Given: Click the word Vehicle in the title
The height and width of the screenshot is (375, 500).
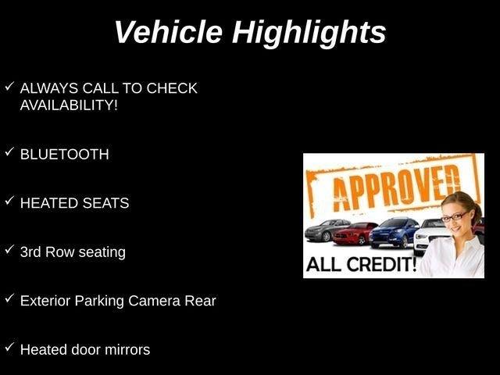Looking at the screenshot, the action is [x=169, y=32].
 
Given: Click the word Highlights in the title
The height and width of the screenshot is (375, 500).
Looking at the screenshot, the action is [x=309, y=34].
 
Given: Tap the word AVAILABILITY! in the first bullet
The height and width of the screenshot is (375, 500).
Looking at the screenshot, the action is [x=69, y=105].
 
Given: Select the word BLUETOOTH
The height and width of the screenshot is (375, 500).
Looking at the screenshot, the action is [x=64, y=155].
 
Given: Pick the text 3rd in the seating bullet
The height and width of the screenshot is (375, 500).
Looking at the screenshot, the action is [x=30, y=252].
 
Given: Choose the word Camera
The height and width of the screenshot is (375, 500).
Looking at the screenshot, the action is [x=155, y=301].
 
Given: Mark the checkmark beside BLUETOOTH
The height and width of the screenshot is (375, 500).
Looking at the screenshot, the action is [x=9, y=152].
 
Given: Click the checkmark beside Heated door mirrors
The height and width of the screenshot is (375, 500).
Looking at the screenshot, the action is [x=9, y=347].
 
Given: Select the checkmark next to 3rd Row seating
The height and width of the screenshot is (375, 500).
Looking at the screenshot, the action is [x=9, y=250].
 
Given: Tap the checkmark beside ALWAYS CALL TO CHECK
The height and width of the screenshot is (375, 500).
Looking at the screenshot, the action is [x=9, y=86].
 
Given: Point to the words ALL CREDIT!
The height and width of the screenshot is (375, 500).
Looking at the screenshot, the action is [x=361, y=264].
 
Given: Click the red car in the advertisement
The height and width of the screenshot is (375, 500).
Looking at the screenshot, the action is [x=354, y=234].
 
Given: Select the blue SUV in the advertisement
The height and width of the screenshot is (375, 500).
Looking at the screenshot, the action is [x=394, y=233].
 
